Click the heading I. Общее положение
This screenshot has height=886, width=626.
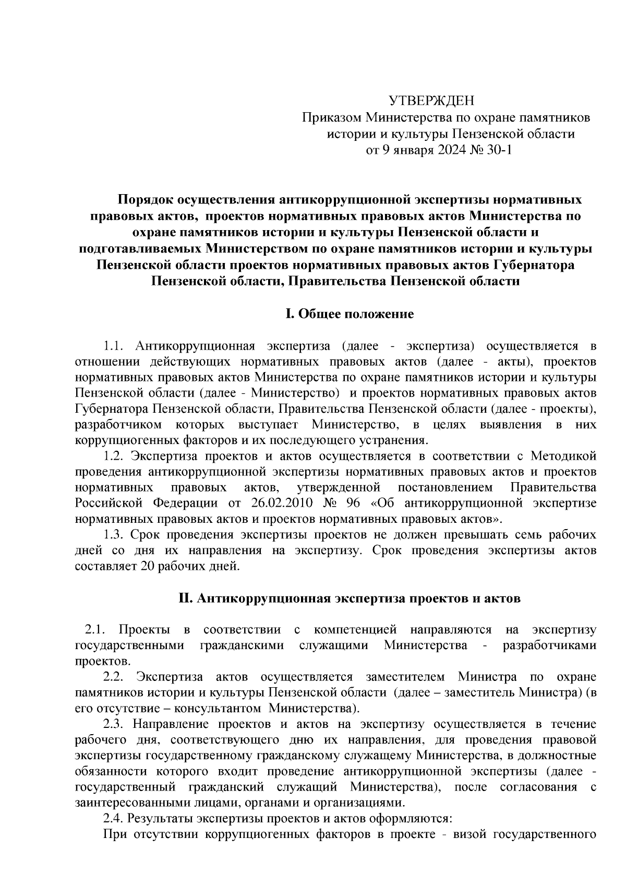[x=349, y=314]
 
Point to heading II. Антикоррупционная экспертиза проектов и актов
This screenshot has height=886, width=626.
[x=349, y=598]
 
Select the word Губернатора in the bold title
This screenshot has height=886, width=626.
[x=534, y=265]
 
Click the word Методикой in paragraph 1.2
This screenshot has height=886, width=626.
[x=563, y=457]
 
